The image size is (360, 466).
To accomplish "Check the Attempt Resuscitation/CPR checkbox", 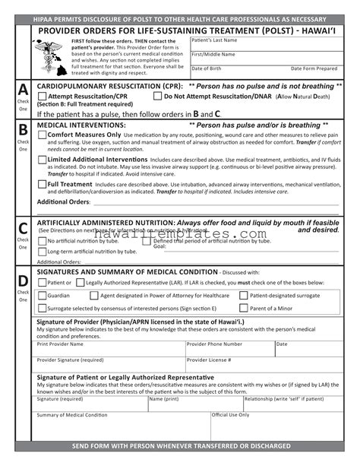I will click(x=42, y=97).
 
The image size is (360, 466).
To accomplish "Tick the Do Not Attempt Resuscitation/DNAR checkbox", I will click(x=157, y=97).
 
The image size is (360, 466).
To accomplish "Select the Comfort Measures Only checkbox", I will click(x=42, y=135).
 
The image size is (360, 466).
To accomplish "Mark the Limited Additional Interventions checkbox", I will click(x=42, y=160).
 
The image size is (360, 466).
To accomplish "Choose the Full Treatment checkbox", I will click(x=42, y=184).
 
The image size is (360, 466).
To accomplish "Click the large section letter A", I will click(x=24, y=89).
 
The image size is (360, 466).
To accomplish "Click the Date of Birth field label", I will click(x=207, y=68).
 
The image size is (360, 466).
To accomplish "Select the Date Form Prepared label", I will click(x=314, y=68).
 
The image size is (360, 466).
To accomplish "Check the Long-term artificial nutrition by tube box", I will click(x=42, y=251).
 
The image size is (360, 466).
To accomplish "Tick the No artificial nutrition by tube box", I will click(x=42, y=240).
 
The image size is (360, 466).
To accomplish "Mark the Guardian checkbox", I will click(x=42, y=295).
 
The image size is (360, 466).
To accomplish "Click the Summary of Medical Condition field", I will click(x=122, y=426).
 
